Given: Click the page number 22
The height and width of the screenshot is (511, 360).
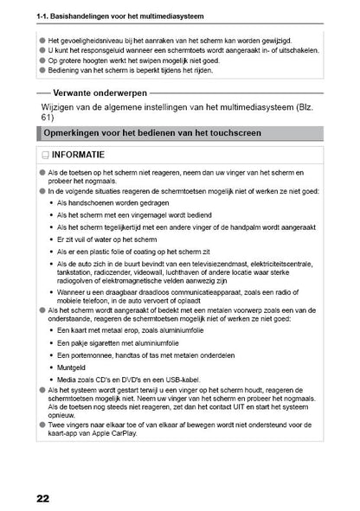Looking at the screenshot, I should pos(42,499).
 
